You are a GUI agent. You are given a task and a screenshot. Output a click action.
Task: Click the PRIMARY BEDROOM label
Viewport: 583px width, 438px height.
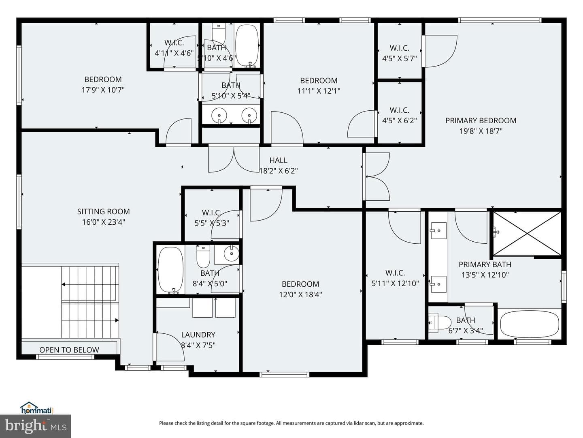pos(481,121)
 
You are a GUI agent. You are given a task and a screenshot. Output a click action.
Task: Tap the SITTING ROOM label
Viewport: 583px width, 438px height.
pos(104,212)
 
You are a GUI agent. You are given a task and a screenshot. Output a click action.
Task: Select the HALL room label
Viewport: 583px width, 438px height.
pos(279,160)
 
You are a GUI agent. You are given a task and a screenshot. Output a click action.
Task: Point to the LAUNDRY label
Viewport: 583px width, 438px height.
pos(198,335)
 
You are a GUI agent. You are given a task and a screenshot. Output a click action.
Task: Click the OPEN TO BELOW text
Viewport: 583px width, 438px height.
pos(69,350)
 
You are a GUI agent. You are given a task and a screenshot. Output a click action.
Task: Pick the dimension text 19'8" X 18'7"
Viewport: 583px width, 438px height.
pos(481,131)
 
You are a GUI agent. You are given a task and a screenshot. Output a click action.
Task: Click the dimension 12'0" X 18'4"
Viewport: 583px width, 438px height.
pos(300,295)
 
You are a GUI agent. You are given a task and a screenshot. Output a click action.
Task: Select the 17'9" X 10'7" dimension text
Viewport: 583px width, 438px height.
pos(103,90)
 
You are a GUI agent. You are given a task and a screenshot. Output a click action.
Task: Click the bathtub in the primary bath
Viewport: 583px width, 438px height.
pos(529,324)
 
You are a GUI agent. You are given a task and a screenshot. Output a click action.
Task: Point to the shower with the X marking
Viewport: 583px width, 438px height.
pos(527,234)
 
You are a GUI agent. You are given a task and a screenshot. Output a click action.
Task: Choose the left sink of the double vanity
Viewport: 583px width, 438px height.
pos(219,116)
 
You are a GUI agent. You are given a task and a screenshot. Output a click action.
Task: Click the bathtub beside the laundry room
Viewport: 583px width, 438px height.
pos(170,270)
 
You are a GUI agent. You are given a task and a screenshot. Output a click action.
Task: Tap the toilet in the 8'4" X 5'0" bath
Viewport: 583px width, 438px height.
pos(203,256)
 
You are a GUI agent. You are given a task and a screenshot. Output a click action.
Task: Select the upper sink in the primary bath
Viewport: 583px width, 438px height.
pos(438,231)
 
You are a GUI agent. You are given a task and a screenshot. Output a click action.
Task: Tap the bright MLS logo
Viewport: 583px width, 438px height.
pos(36,427)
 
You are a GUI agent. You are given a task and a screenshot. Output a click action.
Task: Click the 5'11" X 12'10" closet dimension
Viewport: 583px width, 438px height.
pos(395,283)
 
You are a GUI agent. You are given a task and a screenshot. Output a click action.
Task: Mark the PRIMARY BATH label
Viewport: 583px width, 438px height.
pos(485,264)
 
